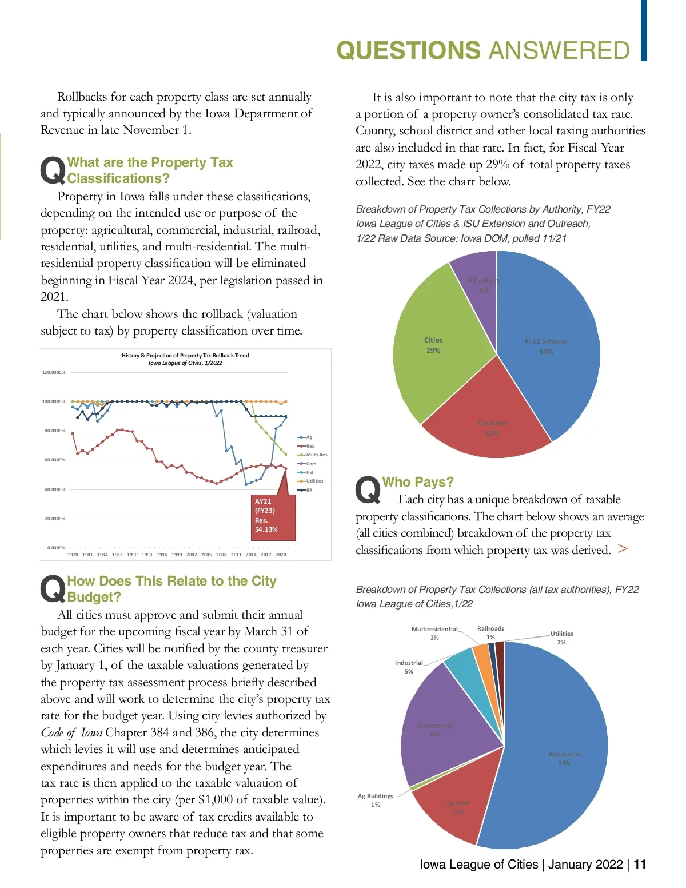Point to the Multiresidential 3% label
click(x=434, y=633)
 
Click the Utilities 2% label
click(x=561, y=638)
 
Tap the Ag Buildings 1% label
click(x=376, y=800)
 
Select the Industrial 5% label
click(x=409, y=667)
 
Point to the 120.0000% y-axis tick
click(x=54, y=372)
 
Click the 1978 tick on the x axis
click(x=73, y=555)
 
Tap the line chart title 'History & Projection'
click(x=185, y=356)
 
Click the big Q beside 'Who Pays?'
click(x=368, y=490)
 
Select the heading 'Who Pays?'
click(x=418, y=482)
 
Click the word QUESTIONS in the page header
click(x=408, y=51)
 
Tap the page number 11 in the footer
click(x=640, y=864)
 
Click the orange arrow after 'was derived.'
click(x=623, y=549)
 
